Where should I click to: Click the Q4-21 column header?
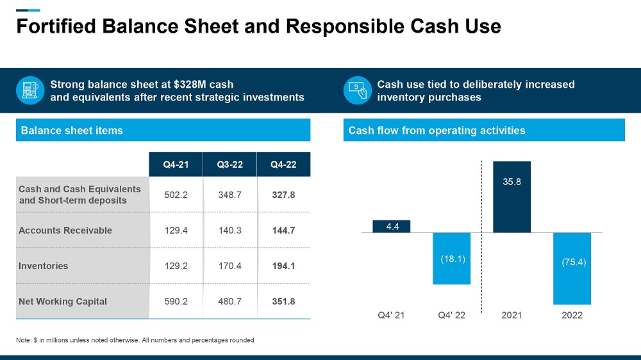(176, 164)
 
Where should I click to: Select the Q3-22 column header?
(229, 164)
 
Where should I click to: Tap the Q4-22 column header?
(283, 164)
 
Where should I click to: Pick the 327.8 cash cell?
(283, 195)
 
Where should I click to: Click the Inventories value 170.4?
(229, 266)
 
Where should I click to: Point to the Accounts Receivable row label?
(65, 231)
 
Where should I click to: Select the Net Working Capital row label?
(63, 301)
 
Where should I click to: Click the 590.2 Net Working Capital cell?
(176, 301)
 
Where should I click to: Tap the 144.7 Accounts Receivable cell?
(283, 231)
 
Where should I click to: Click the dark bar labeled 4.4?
(391, 226)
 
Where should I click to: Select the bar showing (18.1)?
(452, 258)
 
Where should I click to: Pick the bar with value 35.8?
(512, 196)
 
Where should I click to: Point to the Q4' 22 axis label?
(452, 315)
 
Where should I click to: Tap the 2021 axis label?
(512, 315)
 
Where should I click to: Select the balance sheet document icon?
(29, 90)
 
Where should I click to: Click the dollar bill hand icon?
(356, 90)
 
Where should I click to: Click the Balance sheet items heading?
(72, 131)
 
